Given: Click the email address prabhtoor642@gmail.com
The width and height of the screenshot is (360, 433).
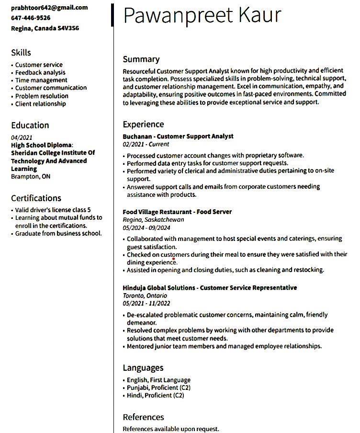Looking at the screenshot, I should [x=49, y=8].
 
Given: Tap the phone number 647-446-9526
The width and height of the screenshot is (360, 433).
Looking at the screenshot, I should [x=31, y=18].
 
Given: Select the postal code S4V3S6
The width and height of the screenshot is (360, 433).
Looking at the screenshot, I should [x=68, y=28].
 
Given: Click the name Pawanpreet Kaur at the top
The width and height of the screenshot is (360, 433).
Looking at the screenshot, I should [x=202, y=15].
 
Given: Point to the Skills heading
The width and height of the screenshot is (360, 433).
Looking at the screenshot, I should [x=21, y=53].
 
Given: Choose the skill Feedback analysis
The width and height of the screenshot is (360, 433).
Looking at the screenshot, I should [x=40, y=72].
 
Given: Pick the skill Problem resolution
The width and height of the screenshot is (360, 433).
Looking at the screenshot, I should [x=42, y=96].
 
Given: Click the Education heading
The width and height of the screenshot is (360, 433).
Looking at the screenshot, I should [x=30, y=125].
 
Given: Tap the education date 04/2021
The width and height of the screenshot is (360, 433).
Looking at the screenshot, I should [x=22, y=137].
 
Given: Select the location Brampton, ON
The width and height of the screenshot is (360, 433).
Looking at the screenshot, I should [x=31, y=176].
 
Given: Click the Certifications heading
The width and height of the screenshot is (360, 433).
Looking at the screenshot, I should [x=36, y=198].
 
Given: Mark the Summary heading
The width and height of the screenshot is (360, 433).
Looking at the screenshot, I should [x=141, y=59].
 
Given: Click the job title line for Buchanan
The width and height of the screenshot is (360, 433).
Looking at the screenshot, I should [x=178, y=137].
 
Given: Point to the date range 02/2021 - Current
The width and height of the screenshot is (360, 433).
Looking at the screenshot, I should [x=146, y=144].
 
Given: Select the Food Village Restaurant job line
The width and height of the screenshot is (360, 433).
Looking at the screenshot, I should [x=177, y=212].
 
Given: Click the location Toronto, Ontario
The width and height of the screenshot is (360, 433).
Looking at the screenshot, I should [x=145, y=296].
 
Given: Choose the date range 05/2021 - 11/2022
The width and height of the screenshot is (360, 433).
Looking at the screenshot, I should [x=146, y=303].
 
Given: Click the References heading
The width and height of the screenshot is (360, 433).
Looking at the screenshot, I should [x=143, y=417].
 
